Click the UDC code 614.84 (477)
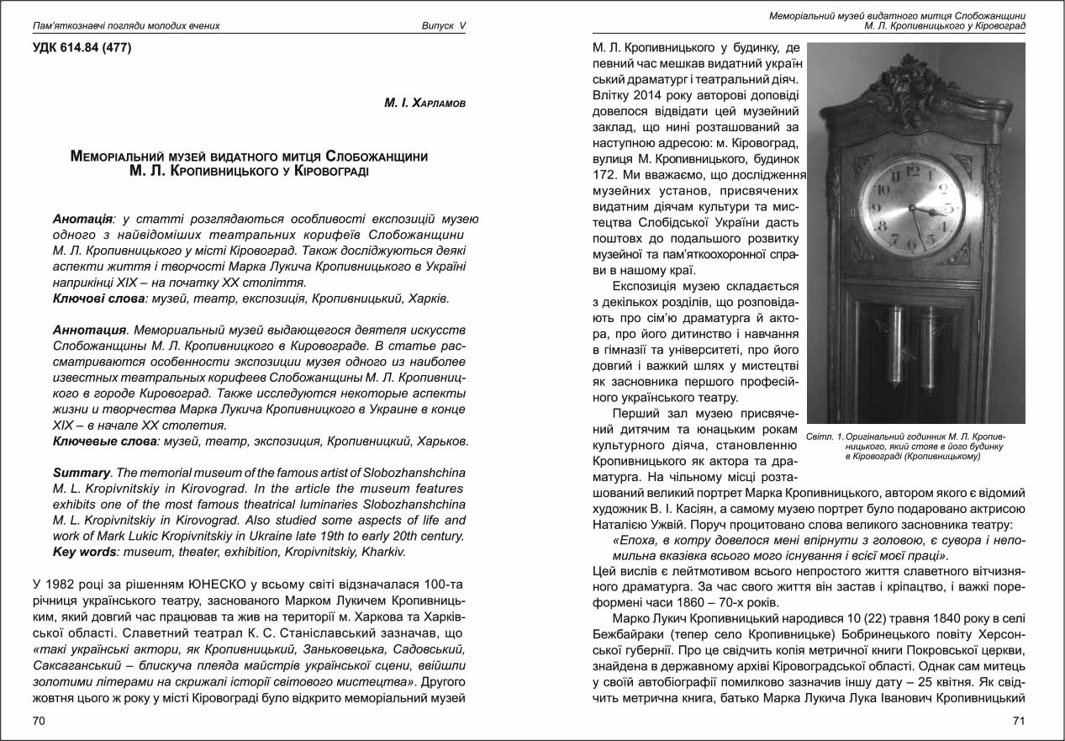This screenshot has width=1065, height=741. pos(82,47)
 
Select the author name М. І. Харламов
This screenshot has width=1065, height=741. pos(424,103)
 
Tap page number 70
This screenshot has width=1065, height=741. pos(39,720)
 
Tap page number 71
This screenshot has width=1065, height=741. pos(1019,720)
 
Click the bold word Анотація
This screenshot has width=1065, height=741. pos(82,219)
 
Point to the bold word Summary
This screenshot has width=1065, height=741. pos(82,473)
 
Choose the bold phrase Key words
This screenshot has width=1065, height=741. pos(85,552)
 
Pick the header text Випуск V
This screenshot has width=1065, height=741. pos(443,25)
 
